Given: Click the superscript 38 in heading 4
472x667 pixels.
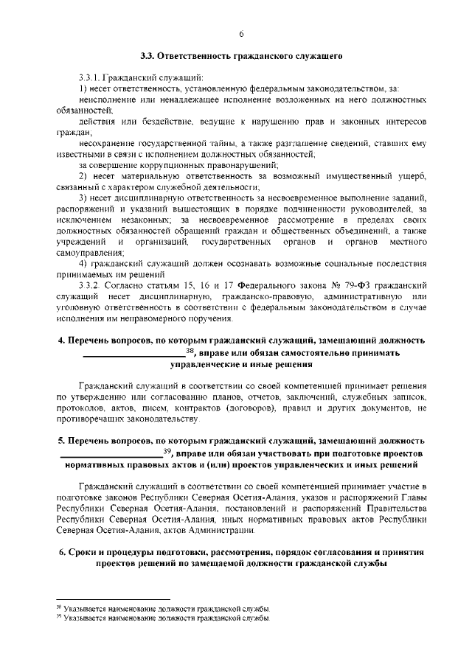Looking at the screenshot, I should pyautogui.click(x=190, y=351).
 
